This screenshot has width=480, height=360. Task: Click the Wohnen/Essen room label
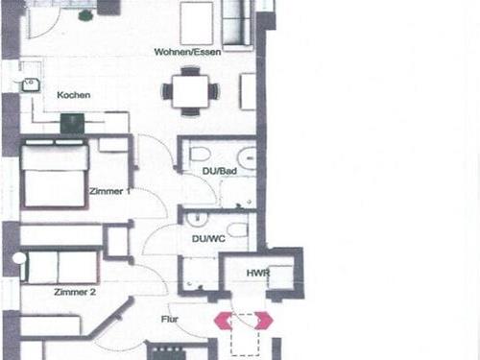[187, 52]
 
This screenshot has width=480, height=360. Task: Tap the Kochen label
[74, 95]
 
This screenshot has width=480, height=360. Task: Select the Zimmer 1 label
[109, 191]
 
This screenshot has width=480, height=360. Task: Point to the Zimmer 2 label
[75, 292]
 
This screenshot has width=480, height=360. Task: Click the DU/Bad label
[220, 171]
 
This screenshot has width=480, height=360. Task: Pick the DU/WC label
[208, 239]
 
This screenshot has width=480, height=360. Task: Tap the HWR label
[258, 273]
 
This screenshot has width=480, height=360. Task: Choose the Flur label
[170, 319]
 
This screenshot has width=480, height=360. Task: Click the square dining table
[190, 91]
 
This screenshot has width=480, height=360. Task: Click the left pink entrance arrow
[223, 321]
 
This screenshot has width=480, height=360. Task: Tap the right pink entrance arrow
[264, 321]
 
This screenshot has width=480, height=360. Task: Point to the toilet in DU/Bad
[200, 155]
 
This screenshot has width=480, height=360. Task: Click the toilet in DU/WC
[237, 229]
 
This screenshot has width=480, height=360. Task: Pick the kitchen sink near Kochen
[31, 85]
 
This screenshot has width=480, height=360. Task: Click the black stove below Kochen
[73, 124]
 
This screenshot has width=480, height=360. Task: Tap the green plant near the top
[85, 15]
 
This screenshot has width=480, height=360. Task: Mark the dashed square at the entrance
[245, 335]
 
